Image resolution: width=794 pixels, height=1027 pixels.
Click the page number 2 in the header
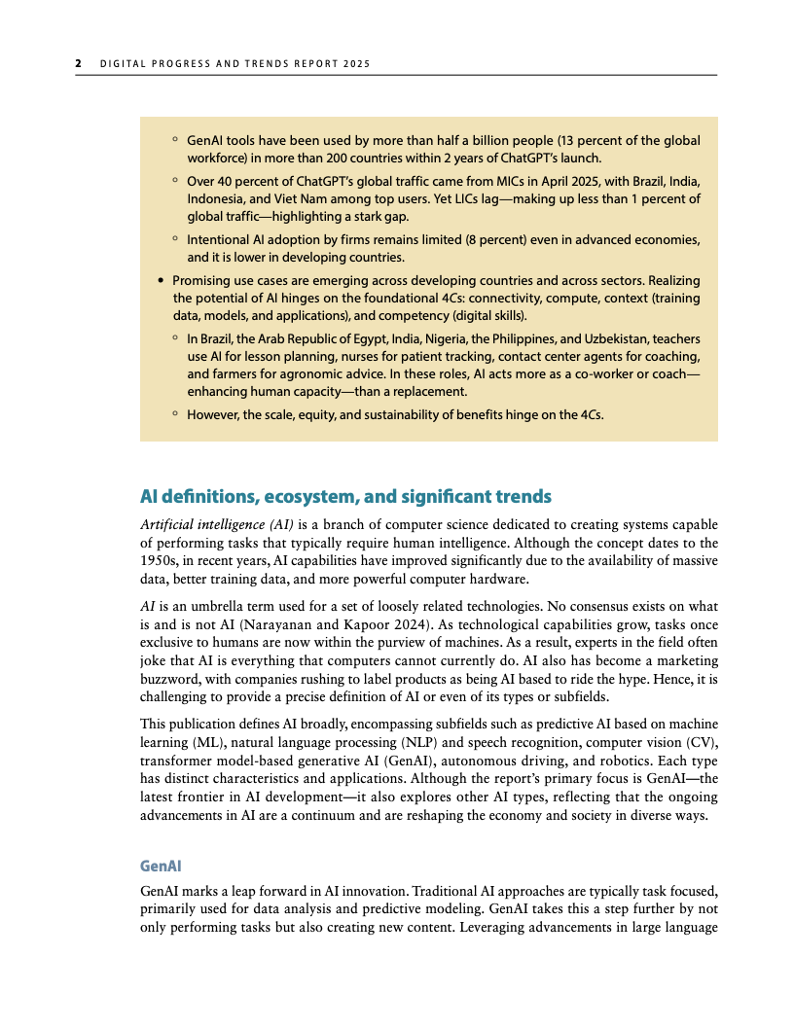[x=78, y=64]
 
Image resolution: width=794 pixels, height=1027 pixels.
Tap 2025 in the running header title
[x=356, y=64]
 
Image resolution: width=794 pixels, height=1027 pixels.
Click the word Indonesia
[x=215, y=198]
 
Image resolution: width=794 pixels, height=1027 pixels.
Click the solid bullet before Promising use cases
[x=161, y=281]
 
